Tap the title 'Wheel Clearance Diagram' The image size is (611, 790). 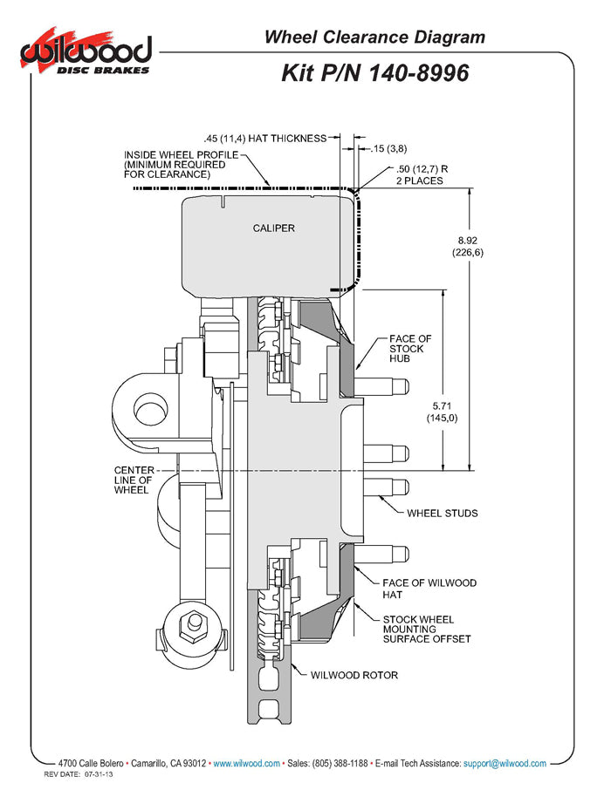[374, 37]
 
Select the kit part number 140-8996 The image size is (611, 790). [375, 73]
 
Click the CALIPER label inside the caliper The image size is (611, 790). [274, 228]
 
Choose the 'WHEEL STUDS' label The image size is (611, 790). [443, 513]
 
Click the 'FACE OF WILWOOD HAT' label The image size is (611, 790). [429, 589]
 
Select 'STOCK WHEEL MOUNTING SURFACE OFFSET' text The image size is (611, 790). [427, 629]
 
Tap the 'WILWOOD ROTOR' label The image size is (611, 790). [354, 675]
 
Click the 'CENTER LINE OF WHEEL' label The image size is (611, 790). [134, 480]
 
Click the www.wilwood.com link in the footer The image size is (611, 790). [247, 763]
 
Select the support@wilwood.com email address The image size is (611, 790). [505, 763]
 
